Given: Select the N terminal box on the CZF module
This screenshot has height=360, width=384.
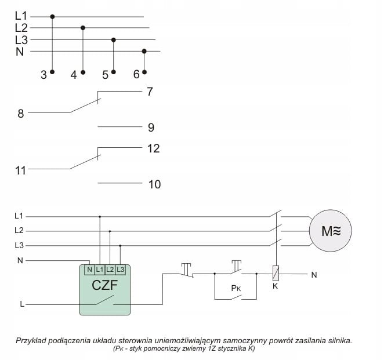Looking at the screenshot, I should coord(89,269).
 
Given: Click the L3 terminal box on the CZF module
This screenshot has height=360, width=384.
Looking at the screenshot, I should coord(120,269).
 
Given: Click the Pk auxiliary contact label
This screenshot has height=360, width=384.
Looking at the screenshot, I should coord(236,288).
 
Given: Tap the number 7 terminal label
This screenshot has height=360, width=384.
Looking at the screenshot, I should coord(150,92).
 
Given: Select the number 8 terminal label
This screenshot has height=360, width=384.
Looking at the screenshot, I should coord(21,114).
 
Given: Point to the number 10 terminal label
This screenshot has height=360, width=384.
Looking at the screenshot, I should coord(154,185).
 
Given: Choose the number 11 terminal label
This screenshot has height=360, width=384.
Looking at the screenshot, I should coord(21,170).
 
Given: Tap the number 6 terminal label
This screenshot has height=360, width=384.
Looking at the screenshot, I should coord(136,75).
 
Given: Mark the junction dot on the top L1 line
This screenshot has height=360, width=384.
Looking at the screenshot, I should coord(53,17).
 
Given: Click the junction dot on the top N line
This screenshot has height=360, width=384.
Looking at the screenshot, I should coord(144,51).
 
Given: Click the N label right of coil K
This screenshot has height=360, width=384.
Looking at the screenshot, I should coord(314,275).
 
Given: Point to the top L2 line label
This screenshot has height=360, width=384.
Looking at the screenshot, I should coord(21,27).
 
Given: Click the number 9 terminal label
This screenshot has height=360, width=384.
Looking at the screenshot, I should coord(151,128).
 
